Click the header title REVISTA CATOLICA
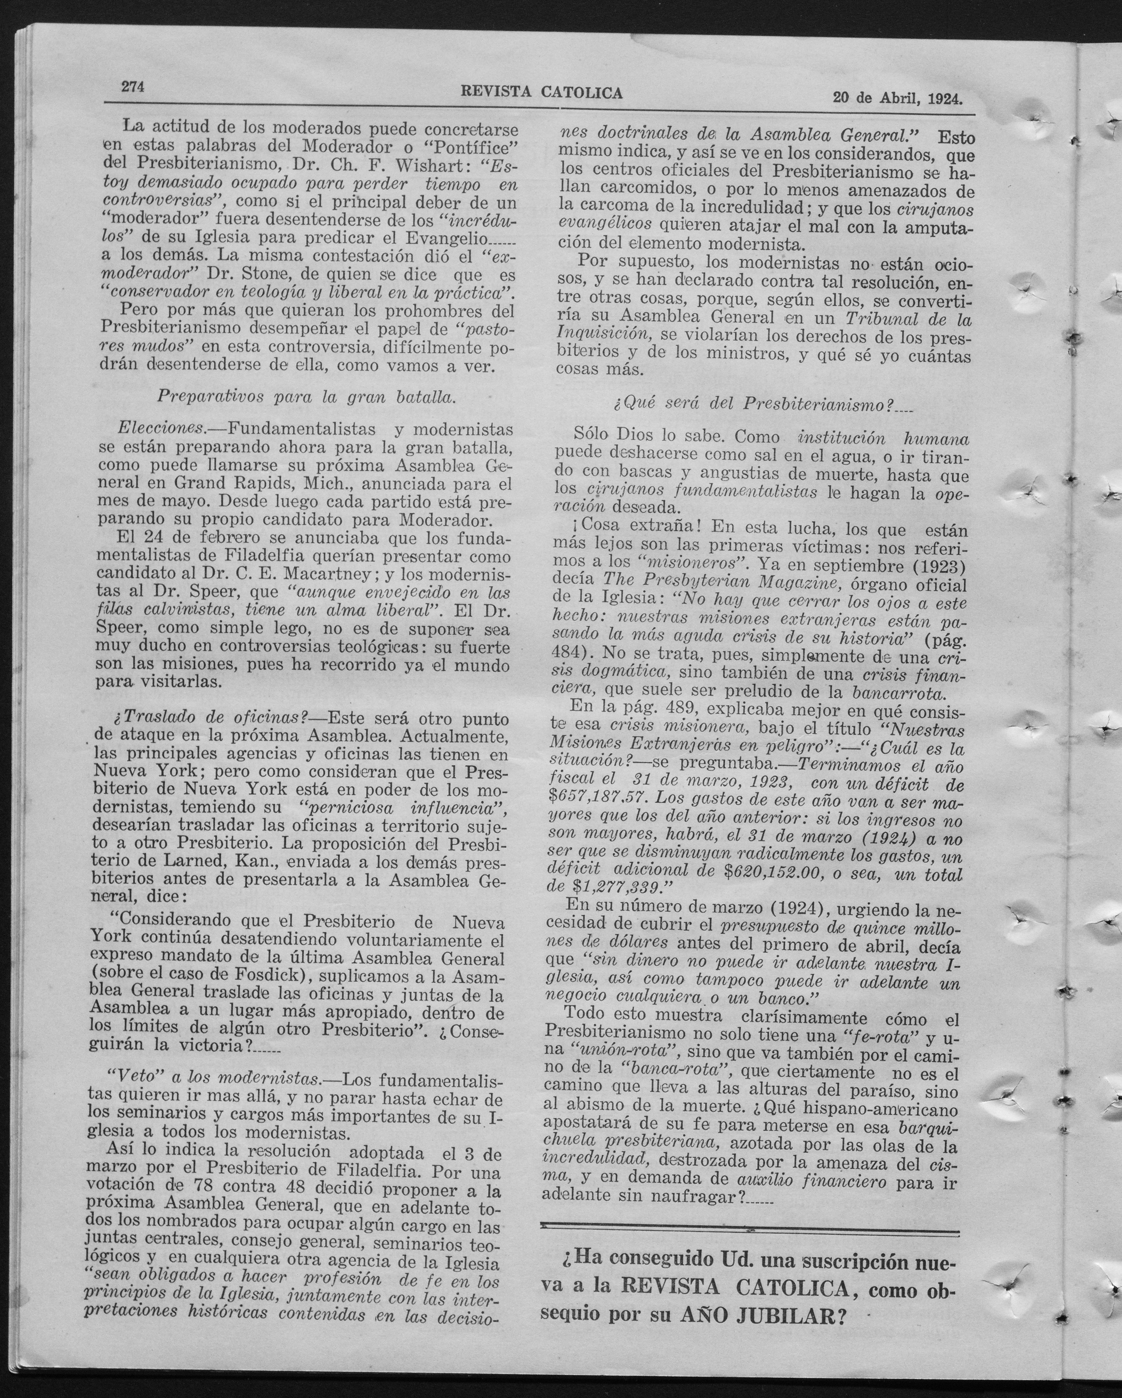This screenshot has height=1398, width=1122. [541, 93]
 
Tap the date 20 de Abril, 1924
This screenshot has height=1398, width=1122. [897, 99]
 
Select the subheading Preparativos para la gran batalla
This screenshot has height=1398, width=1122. [306, 397]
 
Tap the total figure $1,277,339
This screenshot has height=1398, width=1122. [612, 886]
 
